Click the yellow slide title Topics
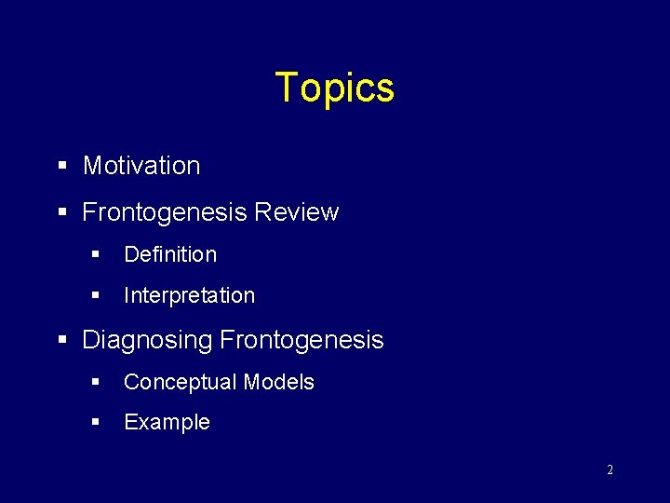click(335, 88)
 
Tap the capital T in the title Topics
click(287, 87)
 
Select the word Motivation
click(141, 166)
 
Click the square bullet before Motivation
click(62, 166)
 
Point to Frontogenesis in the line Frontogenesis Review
click(164, 212)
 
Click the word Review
click(296, 212)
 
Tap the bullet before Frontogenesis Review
click(62, 212)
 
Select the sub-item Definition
click(170, 254)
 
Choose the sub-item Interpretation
click(189, 295)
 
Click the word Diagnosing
click(147, 340)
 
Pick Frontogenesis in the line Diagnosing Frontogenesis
click(301, 340)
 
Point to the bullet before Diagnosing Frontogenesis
click(62, 340)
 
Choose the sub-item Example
click(167, 422)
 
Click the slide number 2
click(610, 470)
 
